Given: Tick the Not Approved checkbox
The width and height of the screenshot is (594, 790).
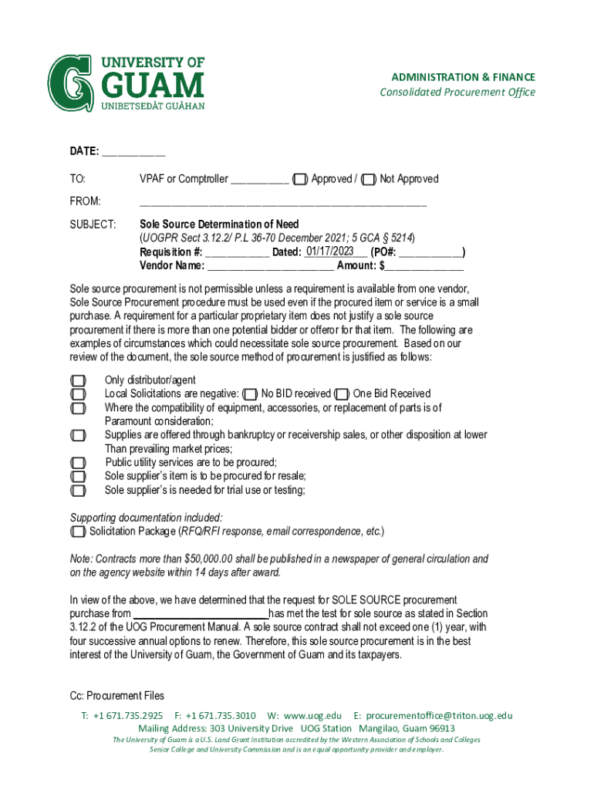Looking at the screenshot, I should click(370, 180).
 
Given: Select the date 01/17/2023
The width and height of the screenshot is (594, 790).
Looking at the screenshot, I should click(329, 251).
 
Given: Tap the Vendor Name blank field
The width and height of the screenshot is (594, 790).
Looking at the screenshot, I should click(271, 267).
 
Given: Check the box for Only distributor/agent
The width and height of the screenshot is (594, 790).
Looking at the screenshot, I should click(77, 380).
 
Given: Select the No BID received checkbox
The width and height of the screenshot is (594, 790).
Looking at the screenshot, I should click(250, 394).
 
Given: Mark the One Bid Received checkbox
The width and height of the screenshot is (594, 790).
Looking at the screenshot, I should click(342, 394).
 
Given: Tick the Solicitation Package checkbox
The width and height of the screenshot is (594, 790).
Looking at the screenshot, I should click(77, 532).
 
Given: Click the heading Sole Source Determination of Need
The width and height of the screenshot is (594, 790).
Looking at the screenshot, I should click(219, 225).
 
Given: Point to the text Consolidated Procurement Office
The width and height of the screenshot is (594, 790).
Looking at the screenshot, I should click(457, 93).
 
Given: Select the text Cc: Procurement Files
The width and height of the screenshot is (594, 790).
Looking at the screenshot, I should click(116, 696).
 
